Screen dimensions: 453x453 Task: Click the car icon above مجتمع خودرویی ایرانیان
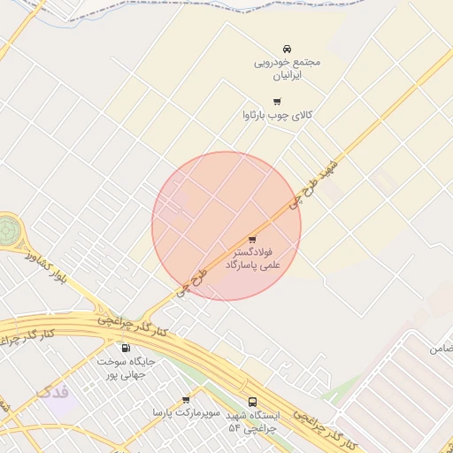tap(287, 49)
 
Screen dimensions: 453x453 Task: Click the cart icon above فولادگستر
tap(252, 239)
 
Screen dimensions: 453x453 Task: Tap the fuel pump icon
tap(125, 348)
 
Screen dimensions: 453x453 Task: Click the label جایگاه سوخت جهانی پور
tap(126, 368)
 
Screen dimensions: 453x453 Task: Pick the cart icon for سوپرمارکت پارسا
tap(185, 400)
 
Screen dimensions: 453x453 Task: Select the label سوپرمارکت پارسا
tap(184, 413)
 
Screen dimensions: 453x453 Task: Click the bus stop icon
tap(253, 402)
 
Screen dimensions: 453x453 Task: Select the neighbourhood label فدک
tap(52, 392)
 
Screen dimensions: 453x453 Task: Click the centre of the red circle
tap(226, 226)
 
